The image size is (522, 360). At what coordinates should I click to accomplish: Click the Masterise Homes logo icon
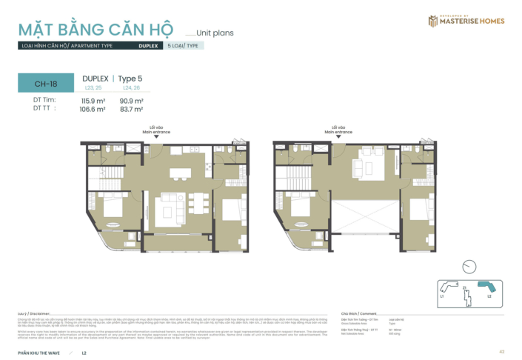(432, 21)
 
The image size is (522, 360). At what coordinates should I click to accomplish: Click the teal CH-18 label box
(45, 84)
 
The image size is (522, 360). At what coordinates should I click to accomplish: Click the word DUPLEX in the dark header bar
(147, 46)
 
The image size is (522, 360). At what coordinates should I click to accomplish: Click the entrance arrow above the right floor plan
(339, 136)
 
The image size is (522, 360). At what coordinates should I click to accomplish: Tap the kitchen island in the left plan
(178, 173)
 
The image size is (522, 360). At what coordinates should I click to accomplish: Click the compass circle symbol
(468, 267)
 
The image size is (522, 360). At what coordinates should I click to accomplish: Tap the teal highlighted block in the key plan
(486, 287)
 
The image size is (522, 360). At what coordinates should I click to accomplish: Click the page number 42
(501, 351)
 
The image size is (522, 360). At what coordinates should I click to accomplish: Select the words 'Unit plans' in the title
(215, 33)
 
